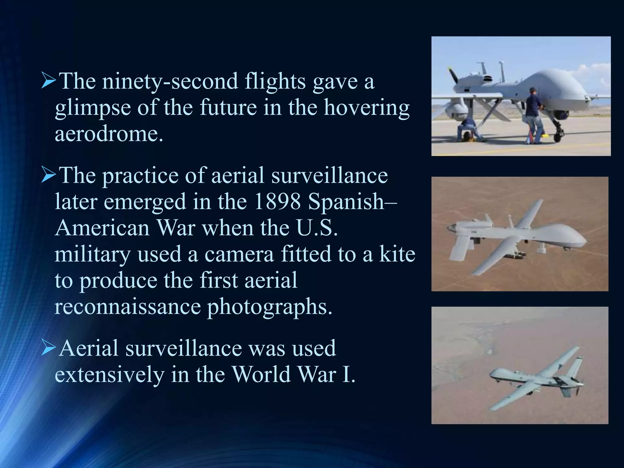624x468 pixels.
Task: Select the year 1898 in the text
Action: point(277,202)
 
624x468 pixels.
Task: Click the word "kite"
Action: point(397,254)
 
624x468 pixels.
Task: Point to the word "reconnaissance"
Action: point(128,307)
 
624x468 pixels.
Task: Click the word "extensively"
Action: point(110,375)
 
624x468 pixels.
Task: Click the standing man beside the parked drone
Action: point(535,116)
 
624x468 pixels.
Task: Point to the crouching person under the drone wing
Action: point(468,129)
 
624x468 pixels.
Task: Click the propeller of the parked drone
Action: point(453,76)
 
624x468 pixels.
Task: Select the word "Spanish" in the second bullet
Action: point(346,202)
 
